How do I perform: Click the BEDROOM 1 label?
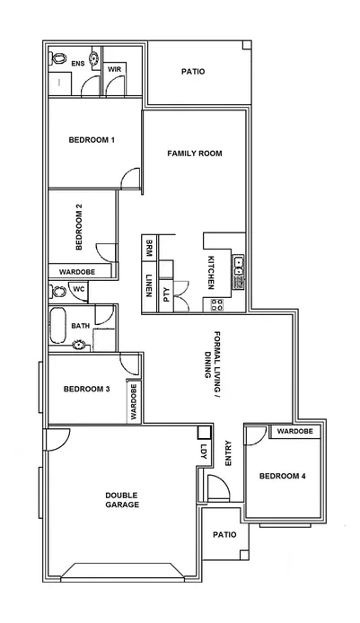pyautogui.click(x=92, y=140)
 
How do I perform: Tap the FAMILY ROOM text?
pyautogui.click(x=194, y=154)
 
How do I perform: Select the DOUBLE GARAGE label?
pyautogui.click(x=121, y=500)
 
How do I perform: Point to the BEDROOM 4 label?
pyautogui.click(x=283, y=476)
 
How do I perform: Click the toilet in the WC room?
pyautogui.click(x=59, y=290)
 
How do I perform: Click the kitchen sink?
pyautogui.click(x=240, y=266)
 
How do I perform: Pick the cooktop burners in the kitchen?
pyautogui.click(x=216, y=304)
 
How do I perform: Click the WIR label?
pyautogui.click(x=115, y=68)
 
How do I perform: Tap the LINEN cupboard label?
pyautogui.click(x=149, y=286)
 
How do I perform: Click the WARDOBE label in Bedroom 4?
pyautogui.click(x=294, y=432)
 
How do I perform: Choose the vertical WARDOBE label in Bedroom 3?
pyautogui.click(x=133, y=402)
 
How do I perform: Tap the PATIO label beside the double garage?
pyautogui.click(x=224, y=534)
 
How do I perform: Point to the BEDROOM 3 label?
pyautogui.click(x=86, y=390)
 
